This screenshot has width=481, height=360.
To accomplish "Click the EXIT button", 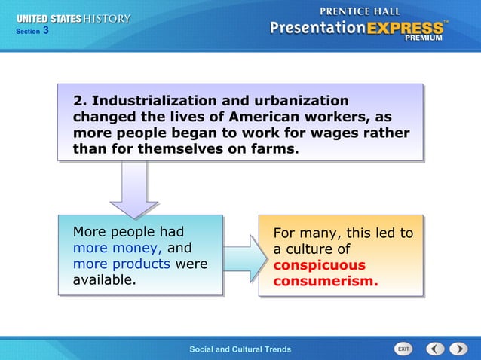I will coord(404,349).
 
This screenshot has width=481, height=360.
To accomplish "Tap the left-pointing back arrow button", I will coord(435,349).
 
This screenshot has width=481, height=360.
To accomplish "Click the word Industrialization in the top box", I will coord(148,101).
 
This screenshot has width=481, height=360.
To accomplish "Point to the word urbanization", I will coord(304,101).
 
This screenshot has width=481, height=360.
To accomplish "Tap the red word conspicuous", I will coord(319,265).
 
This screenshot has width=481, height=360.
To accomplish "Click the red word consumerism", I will coord(325,282).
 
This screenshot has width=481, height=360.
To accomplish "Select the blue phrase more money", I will coord(117,248).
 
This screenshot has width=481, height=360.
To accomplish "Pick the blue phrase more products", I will coord(123,264).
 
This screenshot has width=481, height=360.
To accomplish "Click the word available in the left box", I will coord(103,280).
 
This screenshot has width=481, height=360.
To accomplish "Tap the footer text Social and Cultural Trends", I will coord(240,349).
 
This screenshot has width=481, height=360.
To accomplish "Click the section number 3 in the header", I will coord(46,31).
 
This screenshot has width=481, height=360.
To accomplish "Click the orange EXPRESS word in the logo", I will coord(406,29).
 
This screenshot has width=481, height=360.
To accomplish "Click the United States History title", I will coord(73,18).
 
